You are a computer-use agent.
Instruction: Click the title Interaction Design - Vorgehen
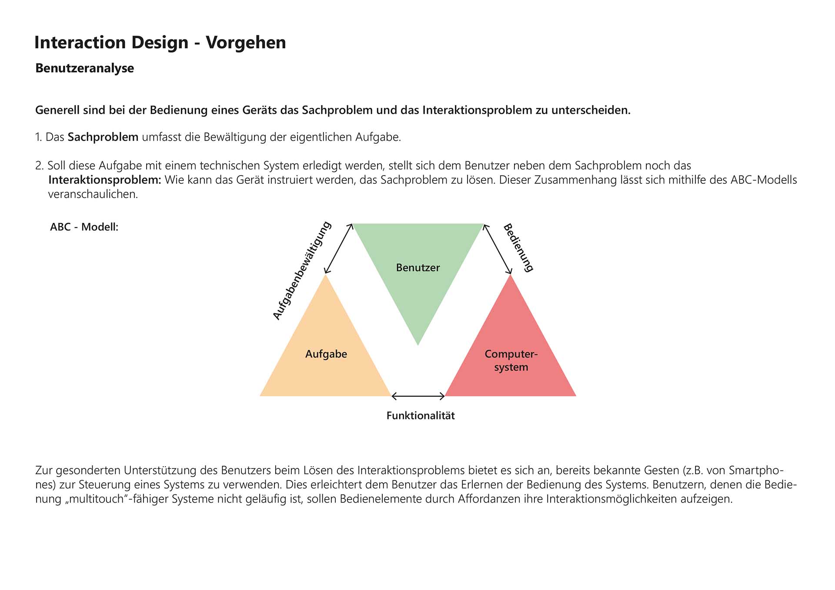click(160, 43)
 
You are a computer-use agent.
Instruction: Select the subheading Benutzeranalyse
click(84, 68)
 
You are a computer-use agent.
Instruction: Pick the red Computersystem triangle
click(511, 361)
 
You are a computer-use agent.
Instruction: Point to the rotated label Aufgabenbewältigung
click(302, 271)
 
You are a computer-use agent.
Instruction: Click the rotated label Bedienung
click(518, 248)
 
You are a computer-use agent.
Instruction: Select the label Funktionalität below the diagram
click(420, 416)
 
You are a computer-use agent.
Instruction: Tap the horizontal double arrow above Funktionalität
click(418, 396)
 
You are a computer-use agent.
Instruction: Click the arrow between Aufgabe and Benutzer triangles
click(338, 249)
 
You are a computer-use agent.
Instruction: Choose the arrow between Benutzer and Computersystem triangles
click(498, 249)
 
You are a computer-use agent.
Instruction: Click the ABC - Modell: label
click(84, 227)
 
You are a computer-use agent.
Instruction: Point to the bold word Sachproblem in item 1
click(103, 137)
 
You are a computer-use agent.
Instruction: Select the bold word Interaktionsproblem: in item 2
click(104, 180)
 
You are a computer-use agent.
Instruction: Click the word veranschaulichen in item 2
click(93, 194)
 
